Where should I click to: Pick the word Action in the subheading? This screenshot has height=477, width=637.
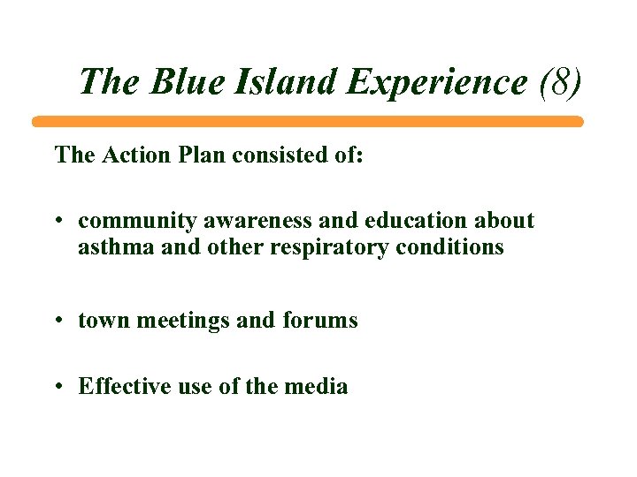pos(134,155)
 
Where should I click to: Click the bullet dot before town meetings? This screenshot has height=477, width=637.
pos(58,320)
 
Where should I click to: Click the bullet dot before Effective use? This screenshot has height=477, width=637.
pos(58,386)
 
